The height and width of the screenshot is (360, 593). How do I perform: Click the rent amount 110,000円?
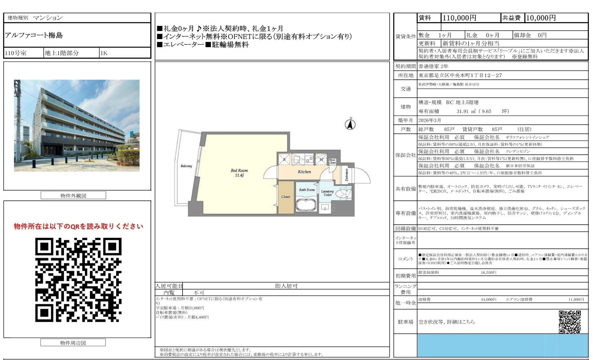tap(459, 18)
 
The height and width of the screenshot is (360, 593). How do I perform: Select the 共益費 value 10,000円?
tap(541, 18)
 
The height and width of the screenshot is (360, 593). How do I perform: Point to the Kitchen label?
tap(304, 172)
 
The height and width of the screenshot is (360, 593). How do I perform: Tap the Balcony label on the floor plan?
tap(186, 166)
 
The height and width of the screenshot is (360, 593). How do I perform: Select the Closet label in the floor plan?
tap(286, 197)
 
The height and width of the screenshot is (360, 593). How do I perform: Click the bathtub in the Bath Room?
tap(306, 204)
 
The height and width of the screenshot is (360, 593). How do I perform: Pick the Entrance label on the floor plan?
tap(347, 175)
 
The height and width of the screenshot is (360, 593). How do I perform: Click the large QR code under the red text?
tap(78, 280)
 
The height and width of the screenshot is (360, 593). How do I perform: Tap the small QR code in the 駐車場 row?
tap(569, 322)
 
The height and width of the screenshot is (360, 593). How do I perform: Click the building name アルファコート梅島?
tap(34, 35)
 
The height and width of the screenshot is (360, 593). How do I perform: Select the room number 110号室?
tap(16, 53)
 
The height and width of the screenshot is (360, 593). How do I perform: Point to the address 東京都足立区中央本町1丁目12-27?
tap(460, 75)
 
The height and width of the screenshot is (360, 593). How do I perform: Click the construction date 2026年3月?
tap(429, 120)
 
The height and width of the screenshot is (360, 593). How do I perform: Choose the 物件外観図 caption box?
tap(73, 196)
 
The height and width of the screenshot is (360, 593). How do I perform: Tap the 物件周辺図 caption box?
tap(73, 343)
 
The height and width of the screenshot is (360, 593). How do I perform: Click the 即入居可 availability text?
tap(286, 286)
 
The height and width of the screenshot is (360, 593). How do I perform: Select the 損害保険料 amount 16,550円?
tap(488, 273)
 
